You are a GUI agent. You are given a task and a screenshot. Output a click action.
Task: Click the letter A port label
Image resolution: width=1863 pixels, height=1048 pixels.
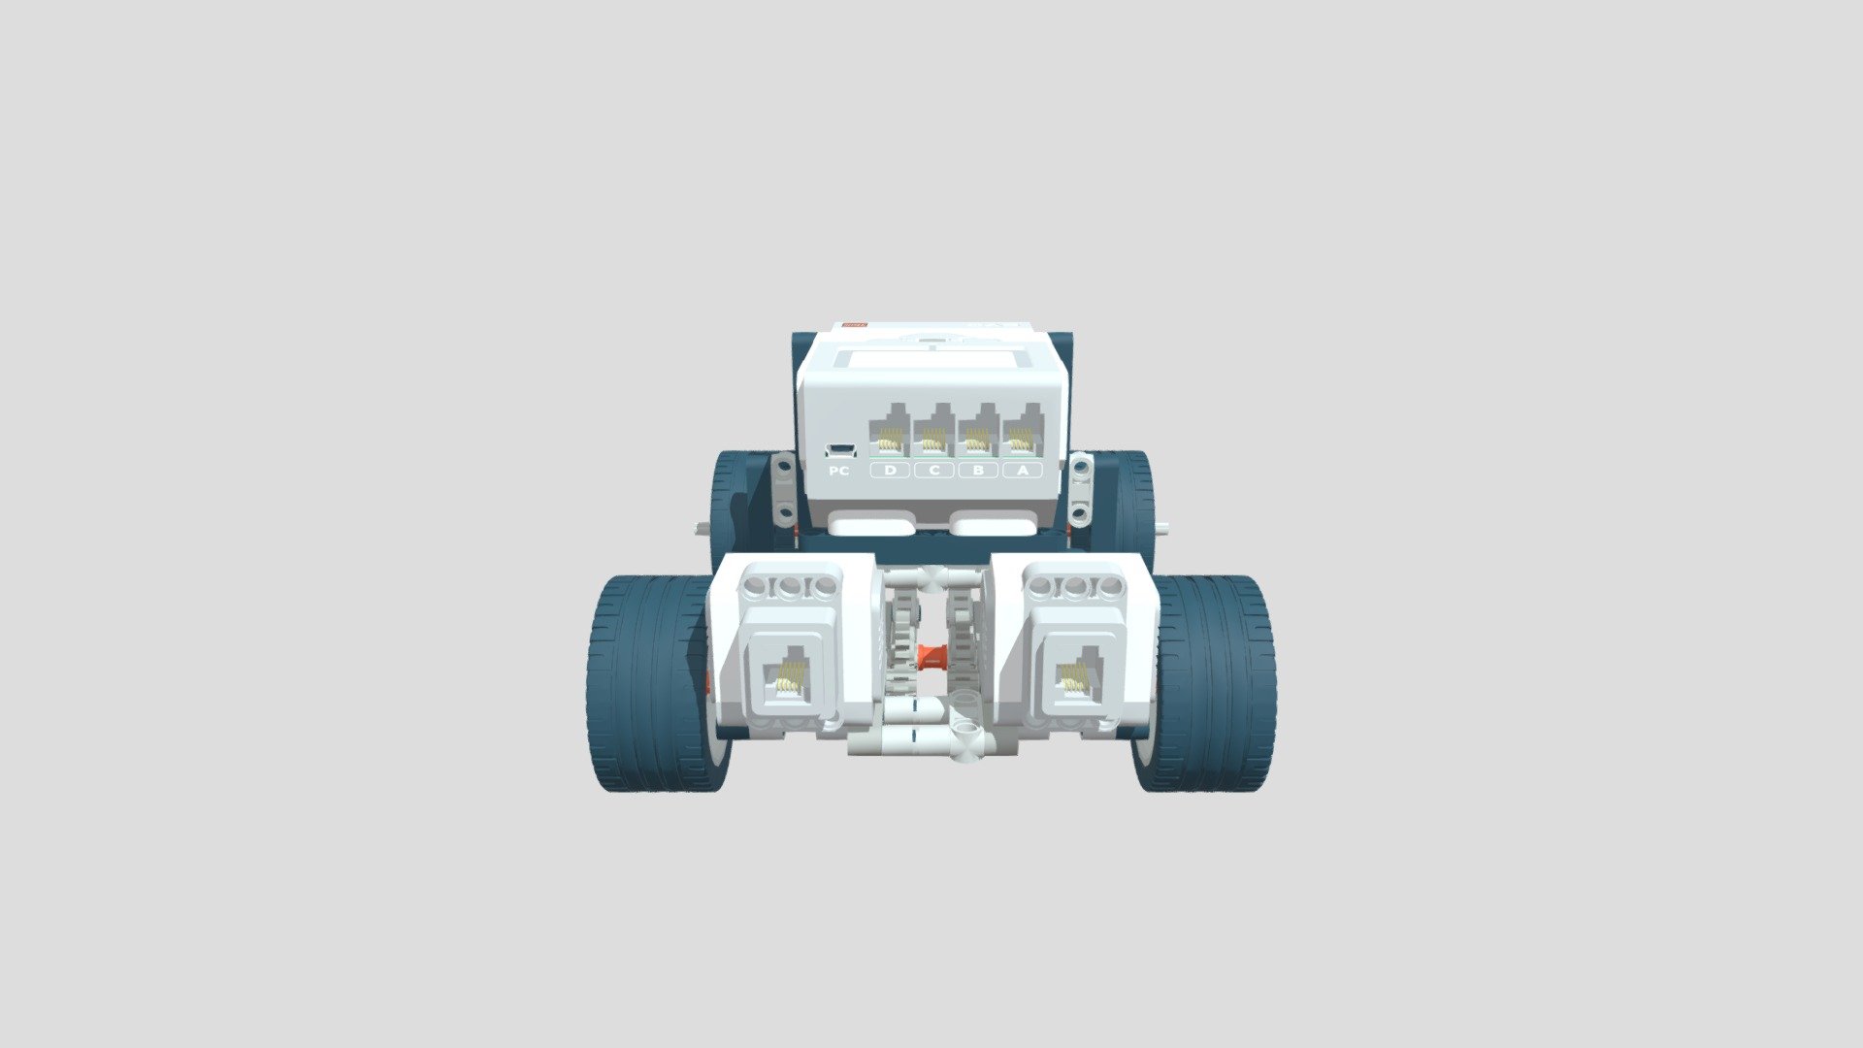click(1021, 471)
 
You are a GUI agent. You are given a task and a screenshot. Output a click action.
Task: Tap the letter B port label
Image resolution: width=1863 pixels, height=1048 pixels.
click(978, 471)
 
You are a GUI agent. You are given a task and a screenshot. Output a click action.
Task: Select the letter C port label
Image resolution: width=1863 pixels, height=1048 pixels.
click(933, 471)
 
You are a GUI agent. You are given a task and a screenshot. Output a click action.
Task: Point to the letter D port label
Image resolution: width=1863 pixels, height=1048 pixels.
click(890, 471)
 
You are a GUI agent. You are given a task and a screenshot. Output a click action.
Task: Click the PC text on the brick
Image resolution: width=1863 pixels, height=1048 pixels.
click(839, 472)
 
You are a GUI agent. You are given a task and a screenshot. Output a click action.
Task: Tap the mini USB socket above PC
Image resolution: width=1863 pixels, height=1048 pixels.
click(840, 449)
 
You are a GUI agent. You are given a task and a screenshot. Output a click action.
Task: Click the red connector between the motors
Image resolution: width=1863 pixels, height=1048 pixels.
click(932, 658)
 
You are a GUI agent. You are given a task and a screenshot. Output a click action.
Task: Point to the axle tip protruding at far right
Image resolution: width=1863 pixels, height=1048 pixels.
click(1165, 529)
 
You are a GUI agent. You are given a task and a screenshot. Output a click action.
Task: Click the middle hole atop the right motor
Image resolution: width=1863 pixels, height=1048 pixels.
click(1074, 586)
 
